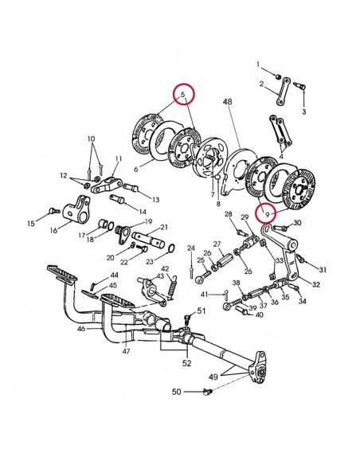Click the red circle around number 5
tap(185, 96)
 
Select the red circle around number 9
tap(268, 213)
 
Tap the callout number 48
tap(227, 102)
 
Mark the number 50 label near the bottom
tap(177, 392)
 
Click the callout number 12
tap(64, 175)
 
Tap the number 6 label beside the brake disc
tap(136, 169)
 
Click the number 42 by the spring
tap(166, 269)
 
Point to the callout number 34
tap(302, 302)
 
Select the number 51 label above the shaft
tap(202, 311)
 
